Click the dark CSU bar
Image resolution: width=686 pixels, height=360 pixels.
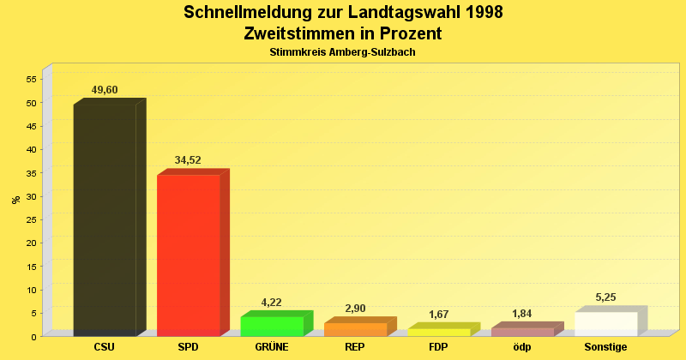(105, 219)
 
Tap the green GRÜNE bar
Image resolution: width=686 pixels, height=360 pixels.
(272, 327)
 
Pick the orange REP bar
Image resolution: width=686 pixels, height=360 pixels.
(355, 329)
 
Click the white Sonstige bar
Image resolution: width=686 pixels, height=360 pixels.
(605, 324)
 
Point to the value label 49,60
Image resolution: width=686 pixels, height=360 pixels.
(105, 90)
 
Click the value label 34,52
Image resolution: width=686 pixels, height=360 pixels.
(188, 160)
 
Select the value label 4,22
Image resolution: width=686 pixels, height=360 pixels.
(272, 303)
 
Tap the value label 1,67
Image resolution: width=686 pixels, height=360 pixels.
(438, 315)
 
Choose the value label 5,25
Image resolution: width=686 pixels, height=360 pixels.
(605, 297)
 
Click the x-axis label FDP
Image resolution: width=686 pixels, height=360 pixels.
(438, 347)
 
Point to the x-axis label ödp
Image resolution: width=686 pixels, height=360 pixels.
(522, 347)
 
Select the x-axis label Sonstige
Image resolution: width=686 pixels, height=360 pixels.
(605, 347)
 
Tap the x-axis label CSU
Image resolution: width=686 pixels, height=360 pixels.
(105, 347)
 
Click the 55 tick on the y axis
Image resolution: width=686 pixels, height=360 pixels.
(31, 79)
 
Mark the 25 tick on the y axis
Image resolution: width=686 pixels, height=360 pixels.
(31, 219)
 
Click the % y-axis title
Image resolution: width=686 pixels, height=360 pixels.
(15, 200)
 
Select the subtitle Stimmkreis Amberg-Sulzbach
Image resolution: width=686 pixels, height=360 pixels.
(343, 52)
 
